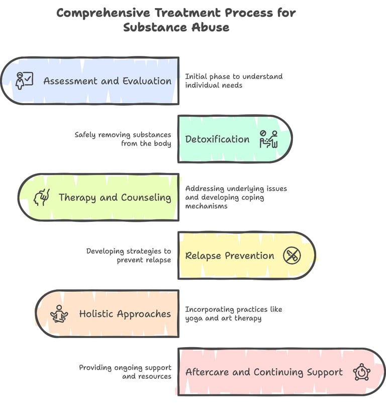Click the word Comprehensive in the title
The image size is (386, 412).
tap(103, 13)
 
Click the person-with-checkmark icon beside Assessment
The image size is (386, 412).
tap(24, 80)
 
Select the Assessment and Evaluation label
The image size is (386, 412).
tap(108, 81)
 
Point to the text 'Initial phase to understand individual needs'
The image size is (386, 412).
tap(234, 80)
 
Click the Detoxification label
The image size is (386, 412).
tap(217, 139)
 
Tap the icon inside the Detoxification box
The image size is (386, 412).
tap(268, 139)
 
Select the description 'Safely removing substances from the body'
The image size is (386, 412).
tap(123, 139)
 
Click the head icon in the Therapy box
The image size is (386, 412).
tap(42, 197)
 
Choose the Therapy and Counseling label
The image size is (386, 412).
tap(115, 197)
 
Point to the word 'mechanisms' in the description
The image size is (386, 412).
tap(207, 206)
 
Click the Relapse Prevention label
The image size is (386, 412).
tap(230, 256)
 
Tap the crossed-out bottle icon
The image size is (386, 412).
tap(292, 256)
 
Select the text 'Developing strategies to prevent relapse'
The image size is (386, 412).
tap(129, 255)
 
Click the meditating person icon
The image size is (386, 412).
tap(59, 314)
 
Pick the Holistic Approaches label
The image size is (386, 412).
tap(125, 314)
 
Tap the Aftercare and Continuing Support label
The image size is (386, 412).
tap(264, 372)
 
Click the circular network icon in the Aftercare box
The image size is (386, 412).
tap(362, 372)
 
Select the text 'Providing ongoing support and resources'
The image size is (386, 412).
tap(125, 372)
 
